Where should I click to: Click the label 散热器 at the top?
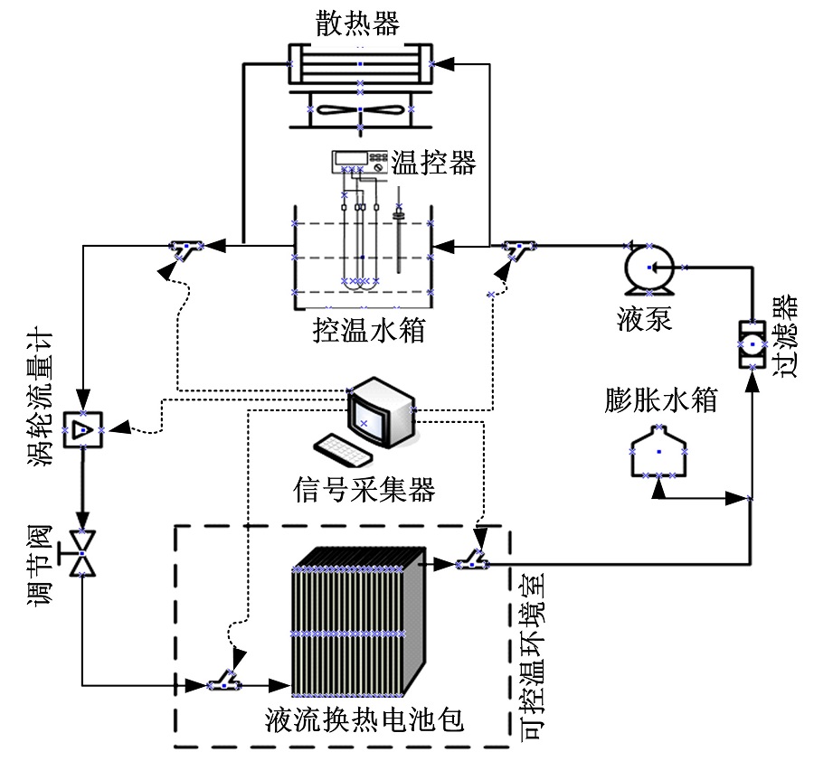359,23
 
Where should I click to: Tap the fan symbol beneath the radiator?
360,108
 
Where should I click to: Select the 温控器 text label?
432,163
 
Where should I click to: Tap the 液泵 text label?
644,319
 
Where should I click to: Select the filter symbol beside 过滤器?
751,344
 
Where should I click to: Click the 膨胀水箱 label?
660,401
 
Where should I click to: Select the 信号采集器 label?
364,491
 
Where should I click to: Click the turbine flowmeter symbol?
82,430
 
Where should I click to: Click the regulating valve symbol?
82,552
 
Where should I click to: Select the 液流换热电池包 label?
364,720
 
